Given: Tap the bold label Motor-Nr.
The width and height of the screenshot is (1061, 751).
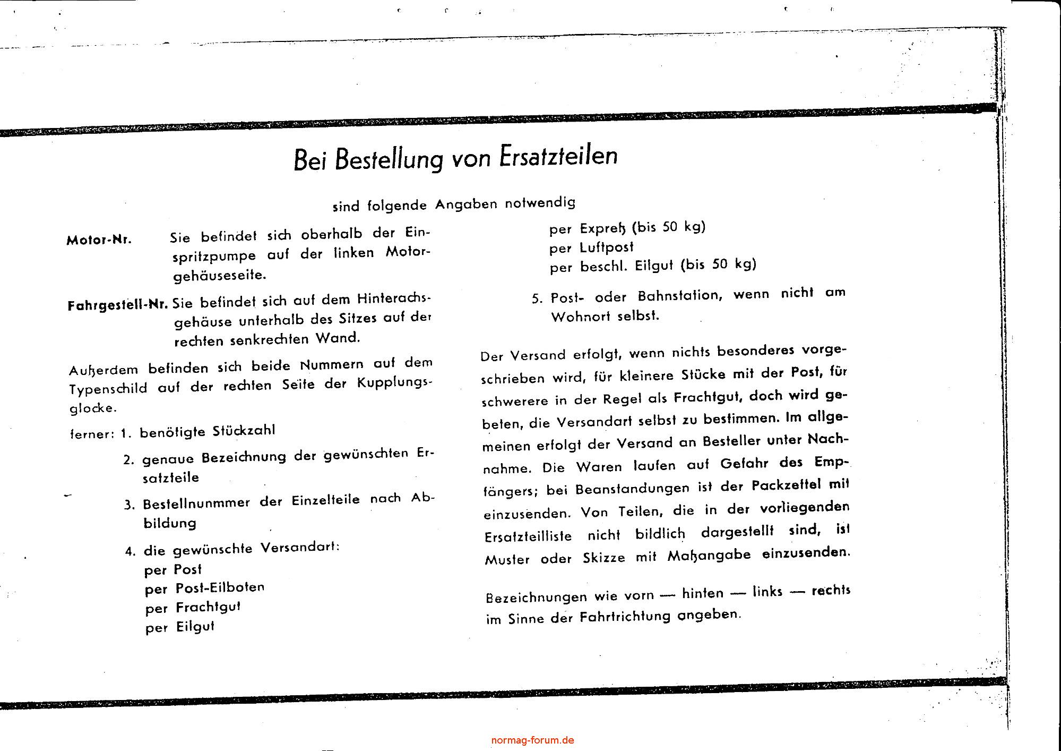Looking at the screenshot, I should (99, 240).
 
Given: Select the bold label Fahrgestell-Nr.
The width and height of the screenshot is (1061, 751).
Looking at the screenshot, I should (118, 305).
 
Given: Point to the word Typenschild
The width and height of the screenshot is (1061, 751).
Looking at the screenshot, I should (108, 389).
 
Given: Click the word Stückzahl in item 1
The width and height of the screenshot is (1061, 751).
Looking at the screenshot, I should (244, 431).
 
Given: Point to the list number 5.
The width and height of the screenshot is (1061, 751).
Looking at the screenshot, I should (537, 299).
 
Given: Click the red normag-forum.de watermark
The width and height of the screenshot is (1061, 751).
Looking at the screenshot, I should (532, 740).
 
